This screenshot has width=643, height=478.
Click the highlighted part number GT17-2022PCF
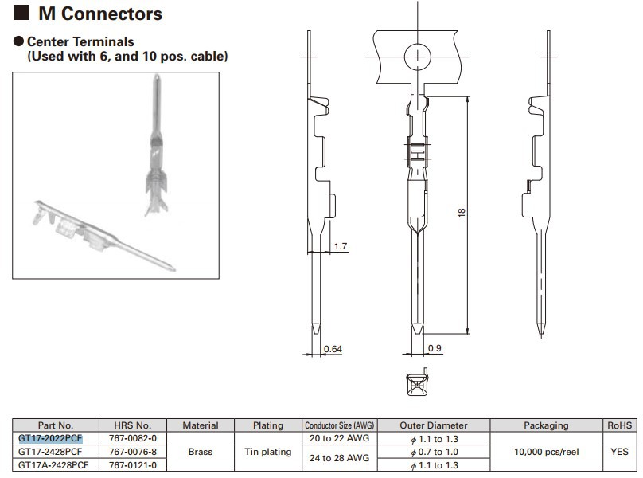(50, 438)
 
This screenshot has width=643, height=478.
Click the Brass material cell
(200, 451)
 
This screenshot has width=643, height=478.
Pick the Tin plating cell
(267, 451)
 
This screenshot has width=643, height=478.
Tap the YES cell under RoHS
(618, 451)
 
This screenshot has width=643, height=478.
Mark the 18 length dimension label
(462, 214)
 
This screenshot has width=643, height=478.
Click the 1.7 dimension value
(340, 247)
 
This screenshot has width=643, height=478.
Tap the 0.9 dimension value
(435, 348)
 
